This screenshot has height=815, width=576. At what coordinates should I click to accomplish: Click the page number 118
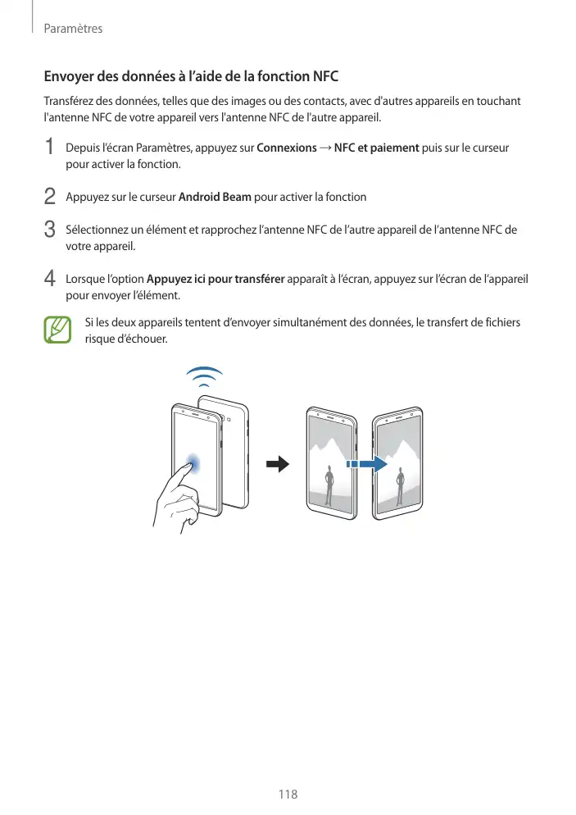click(x=287, y=795)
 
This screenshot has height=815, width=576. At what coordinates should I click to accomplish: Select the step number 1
click(x=51, y=148)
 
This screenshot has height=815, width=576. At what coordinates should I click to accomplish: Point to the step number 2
click(x=51, y=197)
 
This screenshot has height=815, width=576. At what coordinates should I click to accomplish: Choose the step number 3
click(x=51, y=230)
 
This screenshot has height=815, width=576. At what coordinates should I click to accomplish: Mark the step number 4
click(x=51, y=279)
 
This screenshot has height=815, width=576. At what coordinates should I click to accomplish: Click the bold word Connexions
click(x=287, y=148)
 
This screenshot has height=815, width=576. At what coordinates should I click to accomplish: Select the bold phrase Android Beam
click(x=215, y=198)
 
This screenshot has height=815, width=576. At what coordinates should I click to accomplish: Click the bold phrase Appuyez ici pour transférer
click(x=215, y=279)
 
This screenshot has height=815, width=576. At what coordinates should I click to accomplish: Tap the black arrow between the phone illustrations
click(x=279, y=464)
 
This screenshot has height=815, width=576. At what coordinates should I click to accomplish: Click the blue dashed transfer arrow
click(x=365, y=463)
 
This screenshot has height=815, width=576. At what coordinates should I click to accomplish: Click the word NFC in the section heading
click(x=325, y=77)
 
